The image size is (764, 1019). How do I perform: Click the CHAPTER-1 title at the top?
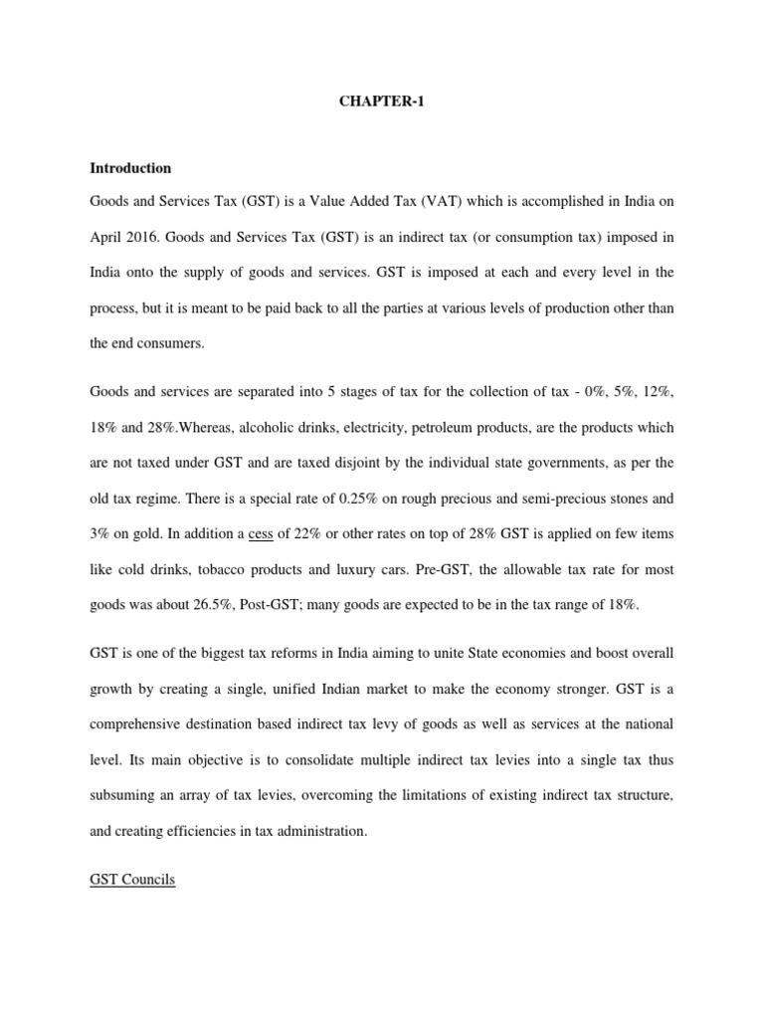coord(381,102)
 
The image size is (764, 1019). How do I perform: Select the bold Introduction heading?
coord(130,168)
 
